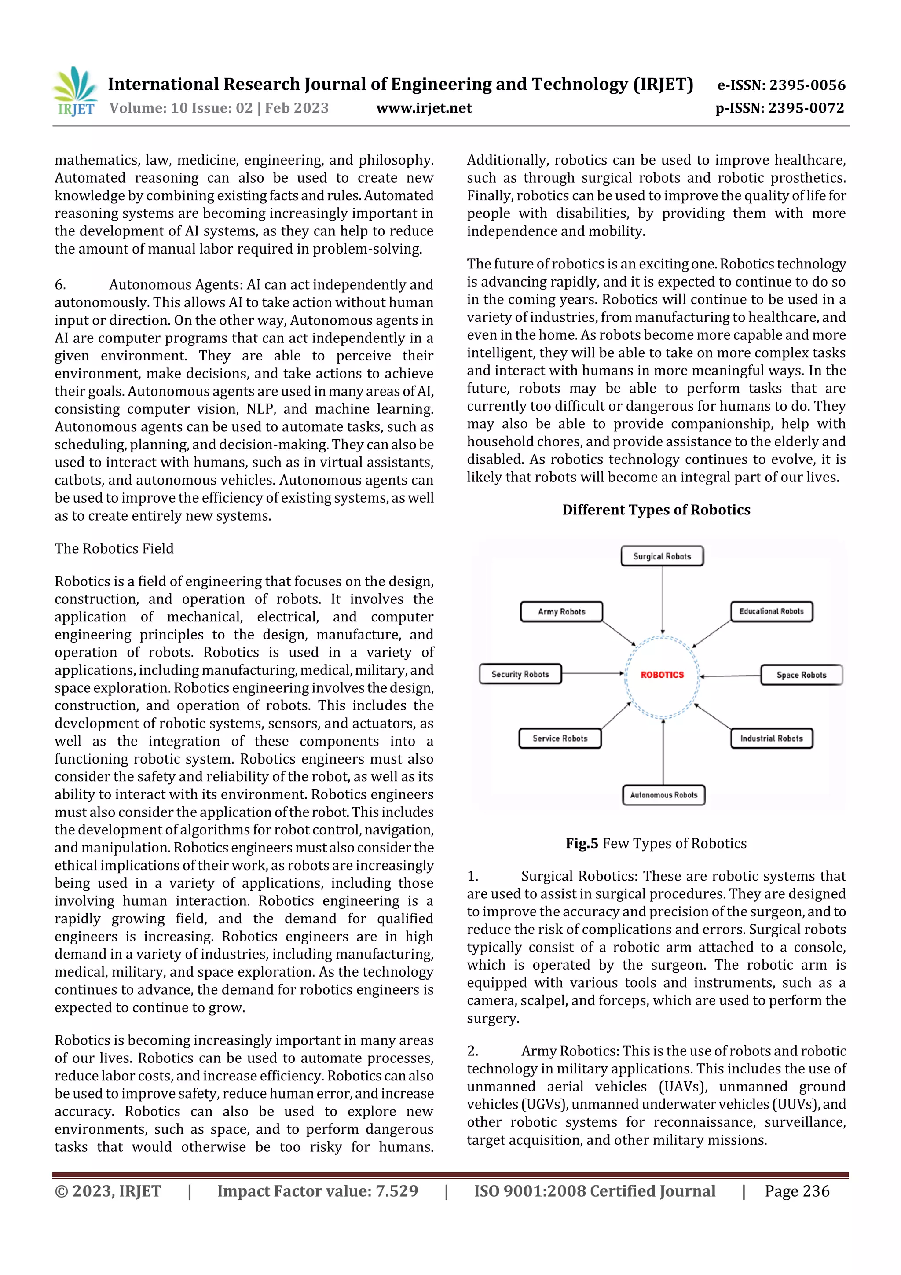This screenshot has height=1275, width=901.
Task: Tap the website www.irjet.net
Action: [424, 108]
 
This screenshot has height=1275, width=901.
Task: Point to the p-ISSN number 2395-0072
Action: [806, 108]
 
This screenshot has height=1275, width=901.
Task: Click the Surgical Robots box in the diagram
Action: [662, 556]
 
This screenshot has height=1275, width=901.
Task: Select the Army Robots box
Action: [561, 611]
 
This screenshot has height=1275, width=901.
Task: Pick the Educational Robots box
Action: [771, 611]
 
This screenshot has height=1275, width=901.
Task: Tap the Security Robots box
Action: [520, 674]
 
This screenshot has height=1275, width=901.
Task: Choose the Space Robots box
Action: [801, 675]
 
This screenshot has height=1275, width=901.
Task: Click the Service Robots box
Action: [560, 738]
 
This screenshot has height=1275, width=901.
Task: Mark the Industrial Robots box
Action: [771, 738]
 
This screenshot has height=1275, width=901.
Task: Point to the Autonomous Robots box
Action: [663, 795]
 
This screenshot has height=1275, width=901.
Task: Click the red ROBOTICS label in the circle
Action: [662, 675]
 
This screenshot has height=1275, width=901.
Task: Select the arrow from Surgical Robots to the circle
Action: [662, 600]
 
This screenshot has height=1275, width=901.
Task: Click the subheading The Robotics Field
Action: [114, 549]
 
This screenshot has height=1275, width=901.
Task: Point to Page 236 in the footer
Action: [797, 1190]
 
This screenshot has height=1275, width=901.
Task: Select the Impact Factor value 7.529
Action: [396, 1190]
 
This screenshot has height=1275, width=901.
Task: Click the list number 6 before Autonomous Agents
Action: [59, 285]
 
